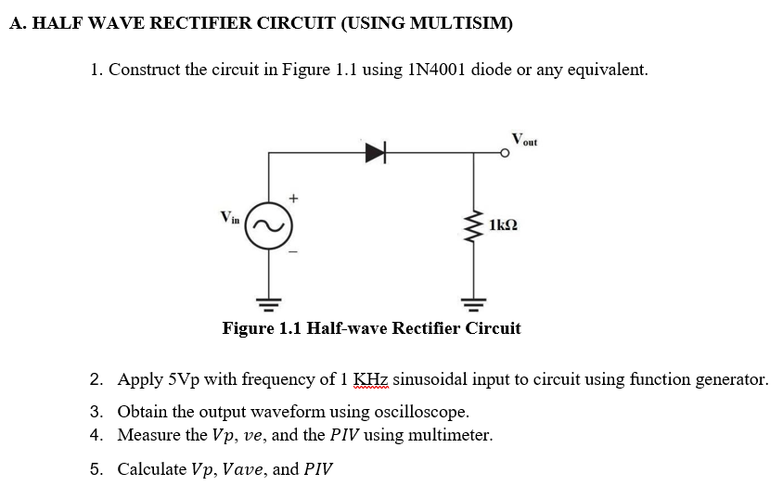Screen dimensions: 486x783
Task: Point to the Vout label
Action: pyautogui.click(x=523, y=139)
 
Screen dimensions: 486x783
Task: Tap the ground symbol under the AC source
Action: pyautogui.click(x=270, y=301)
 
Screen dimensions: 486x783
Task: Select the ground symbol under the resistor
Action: pyautogui.click(x=475, y=301)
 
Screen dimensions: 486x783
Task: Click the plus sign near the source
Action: pyautogui.click(x=294, y=198)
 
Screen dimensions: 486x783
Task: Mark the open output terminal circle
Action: pyautogui.click(x=506, y=154)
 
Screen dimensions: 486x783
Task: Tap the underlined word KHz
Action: pyautogui.click(x=372, y=379)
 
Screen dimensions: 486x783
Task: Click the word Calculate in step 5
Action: pyautogui.click(x=150, y=468)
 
